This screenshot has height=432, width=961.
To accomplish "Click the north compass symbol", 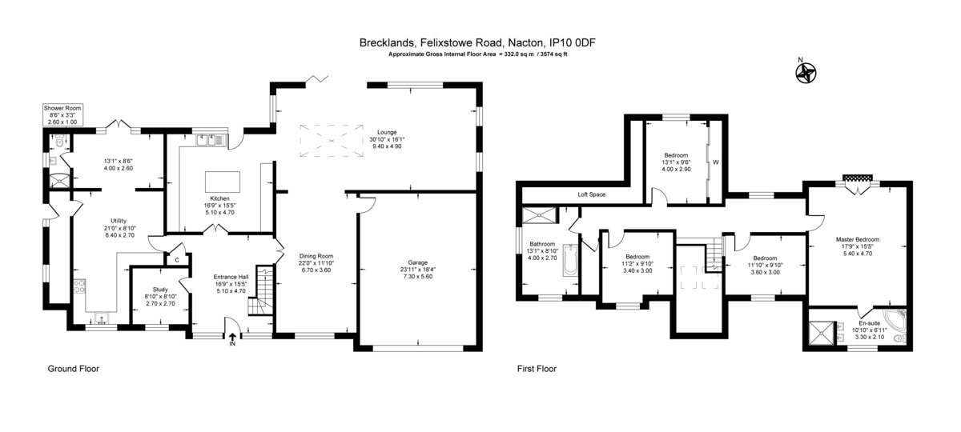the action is pos(806,73).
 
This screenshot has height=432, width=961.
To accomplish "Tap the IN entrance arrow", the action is pos(232,337).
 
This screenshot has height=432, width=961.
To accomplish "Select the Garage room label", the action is pos(417,262).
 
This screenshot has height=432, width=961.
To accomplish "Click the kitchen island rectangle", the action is pos(223,182).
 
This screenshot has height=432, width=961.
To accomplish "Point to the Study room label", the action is pos(160,290).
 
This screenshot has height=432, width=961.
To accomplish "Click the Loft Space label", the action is pos(591,194).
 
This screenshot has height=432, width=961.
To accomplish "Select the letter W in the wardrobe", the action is pos(716,162).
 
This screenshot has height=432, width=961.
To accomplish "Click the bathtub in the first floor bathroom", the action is pos(570,261).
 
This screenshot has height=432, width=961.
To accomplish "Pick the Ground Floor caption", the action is pos(74,369).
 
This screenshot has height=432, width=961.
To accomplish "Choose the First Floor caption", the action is pos(537,369).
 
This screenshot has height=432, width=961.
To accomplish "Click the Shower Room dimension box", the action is pos(62,115).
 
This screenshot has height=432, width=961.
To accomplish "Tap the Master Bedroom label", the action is pos(858,239).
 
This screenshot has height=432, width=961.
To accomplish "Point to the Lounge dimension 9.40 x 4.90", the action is pos(387,146).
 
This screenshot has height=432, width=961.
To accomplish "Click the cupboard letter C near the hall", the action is pos(177,260).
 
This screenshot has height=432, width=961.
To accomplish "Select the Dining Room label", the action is pos(316,256).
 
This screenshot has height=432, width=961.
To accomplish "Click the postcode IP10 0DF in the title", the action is pos(573,43).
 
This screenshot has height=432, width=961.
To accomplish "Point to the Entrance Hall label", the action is pos(231,277).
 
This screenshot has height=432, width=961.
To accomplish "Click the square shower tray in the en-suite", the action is pos(822,334).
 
